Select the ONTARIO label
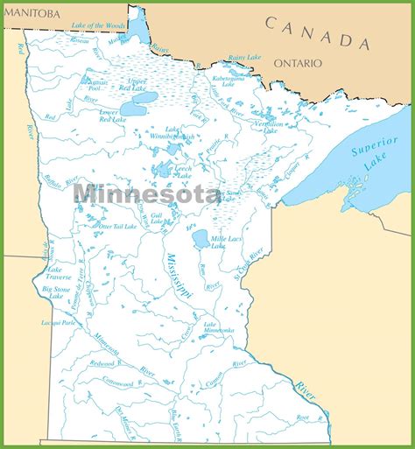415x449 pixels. [x=298, y=63]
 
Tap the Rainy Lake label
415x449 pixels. [x=244, y=59]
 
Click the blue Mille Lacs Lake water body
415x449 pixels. [x=200, y=238]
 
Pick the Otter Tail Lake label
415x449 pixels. [x=118, y=227]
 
